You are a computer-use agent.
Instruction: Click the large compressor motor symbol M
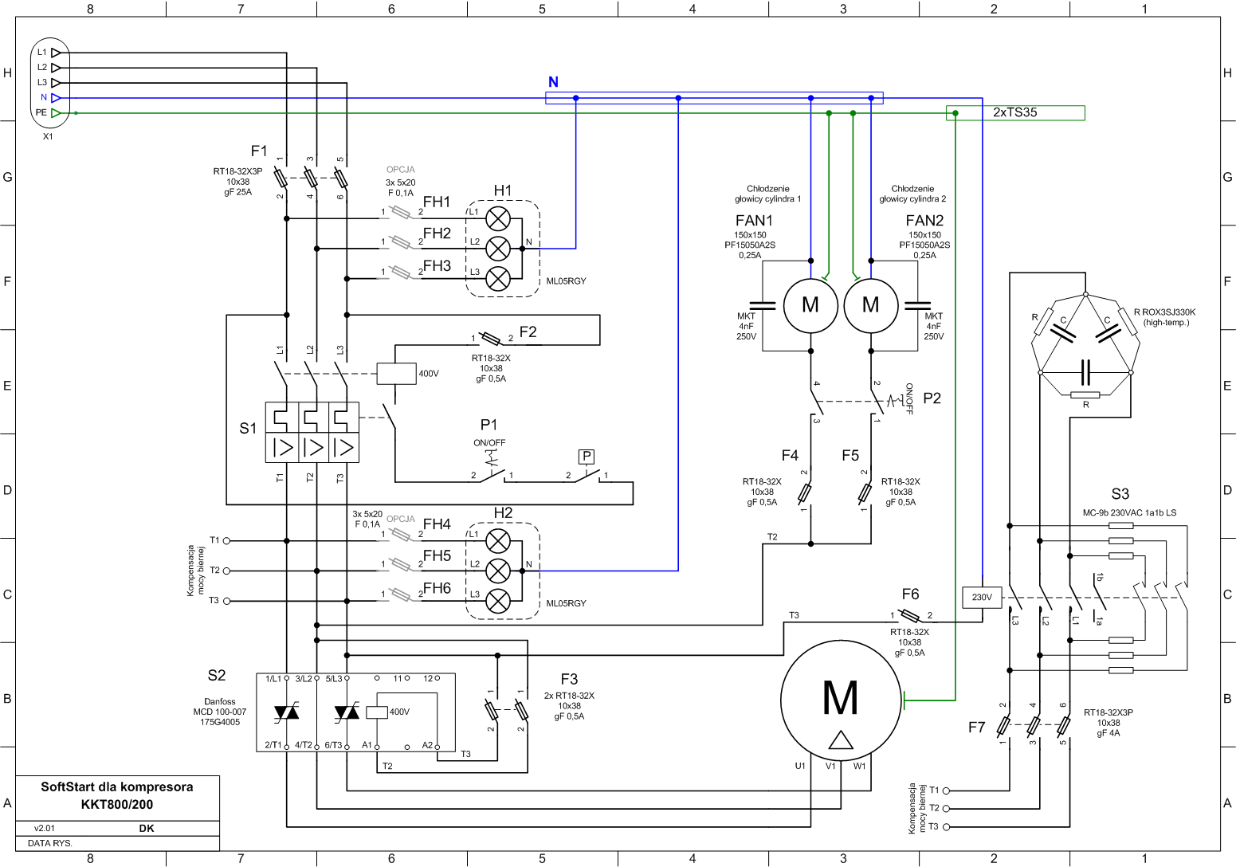(x=841, y=700)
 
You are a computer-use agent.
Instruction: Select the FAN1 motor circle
(x=810, y=305)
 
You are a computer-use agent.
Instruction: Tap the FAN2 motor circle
(x=871, y=305)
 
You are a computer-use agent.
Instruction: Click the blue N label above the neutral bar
(x=553, y=82)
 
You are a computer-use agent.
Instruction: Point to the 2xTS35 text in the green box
(x=1014, y=112)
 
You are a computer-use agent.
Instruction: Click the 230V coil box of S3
(x=982, y=597)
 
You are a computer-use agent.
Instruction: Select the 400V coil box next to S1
(x=396, y=374)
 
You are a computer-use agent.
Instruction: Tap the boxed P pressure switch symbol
(x=586, y=457)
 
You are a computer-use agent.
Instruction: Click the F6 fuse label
(x=910, y=594)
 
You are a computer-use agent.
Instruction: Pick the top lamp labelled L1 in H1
(x=498, y=218)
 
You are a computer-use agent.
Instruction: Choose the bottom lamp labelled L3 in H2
(x=498, y=601)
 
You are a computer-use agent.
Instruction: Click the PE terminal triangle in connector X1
(x=56, y=113)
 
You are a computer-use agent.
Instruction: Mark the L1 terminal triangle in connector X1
(x=56, y=53)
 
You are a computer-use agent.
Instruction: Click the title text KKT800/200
(x=117, y=805)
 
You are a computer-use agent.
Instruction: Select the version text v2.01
(x=44, y=829)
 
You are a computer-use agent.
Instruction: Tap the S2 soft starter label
(x=216, y=676)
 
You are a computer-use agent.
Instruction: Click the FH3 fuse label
(x=437, y=266)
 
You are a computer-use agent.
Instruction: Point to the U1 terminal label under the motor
(x=800, y=766)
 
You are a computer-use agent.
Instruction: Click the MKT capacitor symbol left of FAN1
(x=763, y=305)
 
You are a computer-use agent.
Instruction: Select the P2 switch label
(x=932, y=398)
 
